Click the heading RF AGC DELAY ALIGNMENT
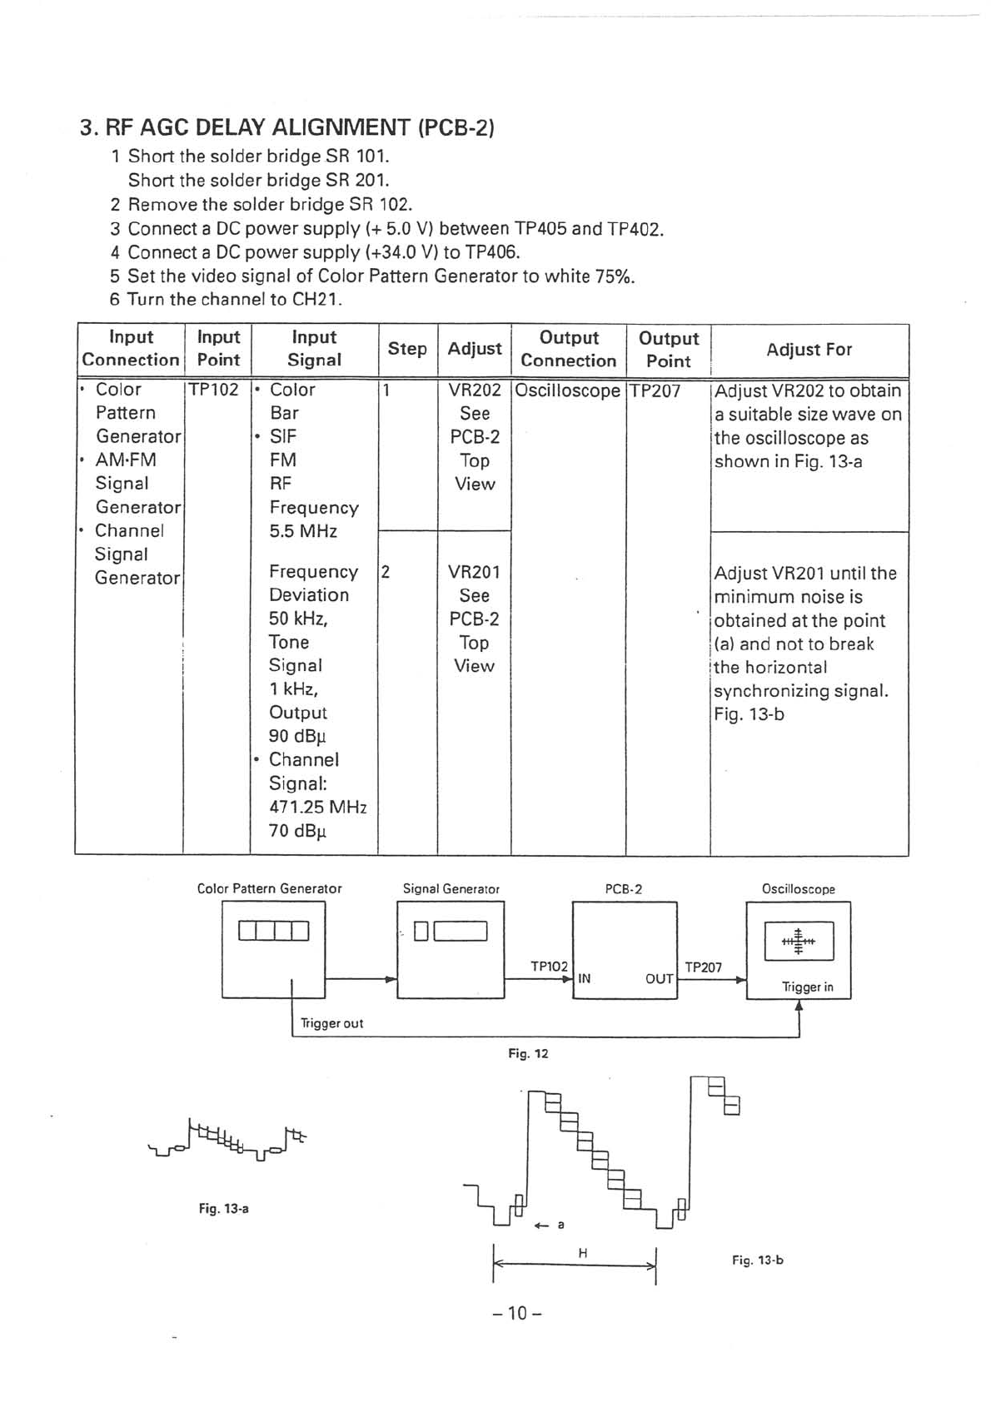(x=287, y=127)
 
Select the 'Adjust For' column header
(x=809, y=350)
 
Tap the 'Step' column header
(x=407, y=349)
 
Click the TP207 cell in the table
(x=655, y=390)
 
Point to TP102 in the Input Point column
(x=214, y=390)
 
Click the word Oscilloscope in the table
(x=568, y=390)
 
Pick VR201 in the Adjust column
(x=474, y=572)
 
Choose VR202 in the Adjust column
(x=475, y=390)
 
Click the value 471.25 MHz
(x=317, y=807)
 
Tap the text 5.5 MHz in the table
(x=302, y=531)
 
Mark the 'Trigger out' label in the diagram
(x=331, y=1023)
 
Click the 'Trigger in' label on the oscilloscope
(x=807, y=987)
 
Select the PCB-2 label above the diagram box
(x=624, y=889)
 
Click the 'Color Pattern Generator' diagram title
(x=269, y=889)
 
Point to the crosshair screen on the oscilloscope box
(x=799, y=942)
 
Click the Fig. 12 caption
(x=528, y=1054)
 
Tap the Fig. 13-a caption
(x=223, y=1208)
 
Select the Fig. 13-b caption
(x=758, y=1260)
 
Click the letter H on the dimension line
(x=583, y=1252)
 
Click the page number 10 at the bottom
(x=517, y=1314)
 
